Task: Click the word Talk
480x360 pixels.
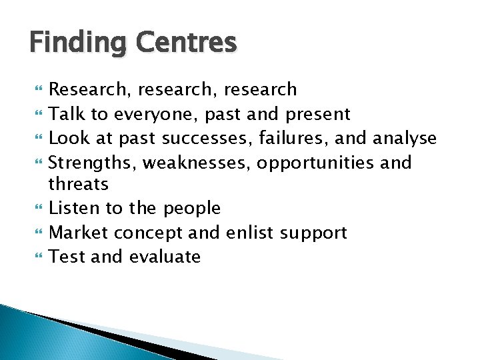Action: (68, 114)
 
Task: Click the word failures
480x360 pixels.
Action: (297, 139)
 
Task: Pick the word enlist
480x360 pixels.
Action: (251, 232)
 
